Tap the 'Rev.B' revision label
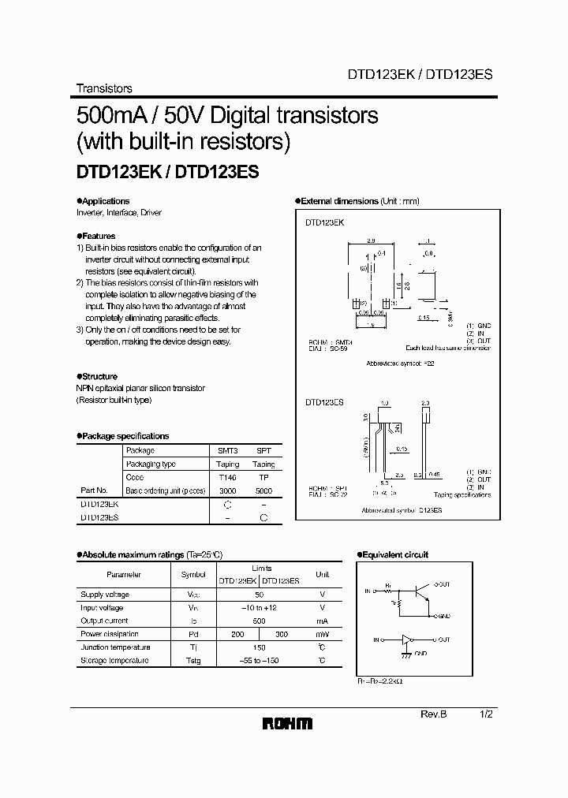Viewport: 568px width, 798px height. point(433,713)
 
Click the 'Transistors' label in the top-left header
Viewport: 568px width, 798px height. point(103,88)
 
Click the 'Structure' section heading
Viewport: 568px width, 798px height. point(99,377)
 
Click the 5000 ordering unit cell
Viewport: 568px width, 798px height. point(263,490)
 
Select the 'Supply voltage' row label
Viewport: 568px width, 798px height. point(105,595)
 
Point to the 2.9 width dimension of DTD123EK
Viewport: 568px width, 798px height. point(370,241)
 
